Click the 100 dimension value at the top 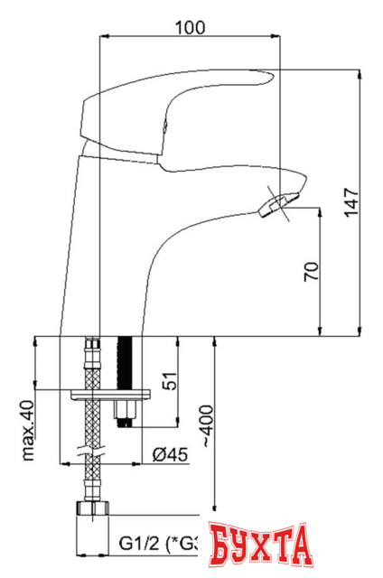[189, 27]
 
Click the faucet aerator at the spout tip [276, 204]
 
